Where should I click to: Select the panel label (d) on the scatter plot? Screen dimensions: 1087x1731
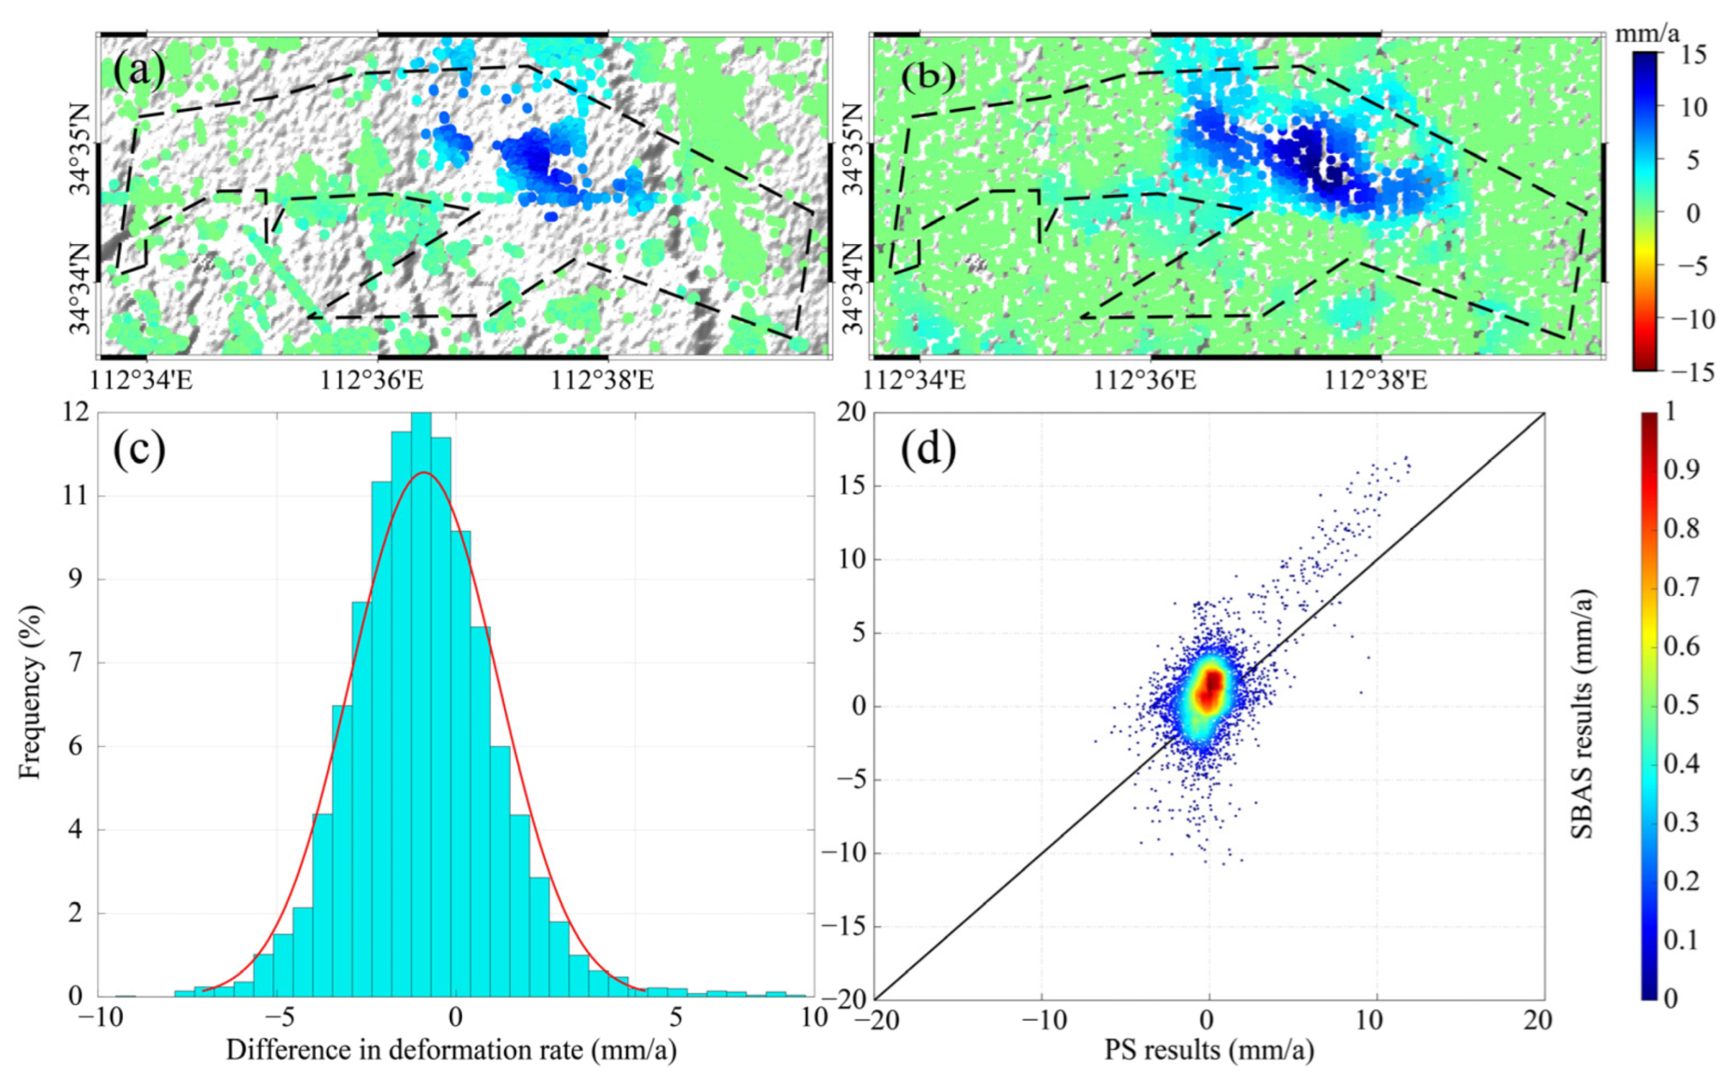click(x=928, y=450)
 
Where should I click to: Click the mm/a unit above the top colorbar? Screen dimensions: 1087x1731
click(x=1647, y=33)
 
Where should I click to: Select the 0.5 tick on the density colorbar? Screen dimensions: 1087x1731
click(x=1681, y=704)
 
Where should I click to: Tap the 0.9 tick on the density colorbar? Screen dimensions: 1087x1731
click(x=1681, y=470)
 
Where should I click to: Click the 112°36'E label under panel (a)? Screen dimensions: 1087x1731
click(x=371, y=380)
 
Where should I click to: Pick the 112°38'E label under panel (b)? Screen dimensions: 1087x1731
click(x=1375, y=380)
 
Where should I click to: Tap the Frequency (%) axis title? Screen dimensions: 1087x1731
click(x=30, y=692)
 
